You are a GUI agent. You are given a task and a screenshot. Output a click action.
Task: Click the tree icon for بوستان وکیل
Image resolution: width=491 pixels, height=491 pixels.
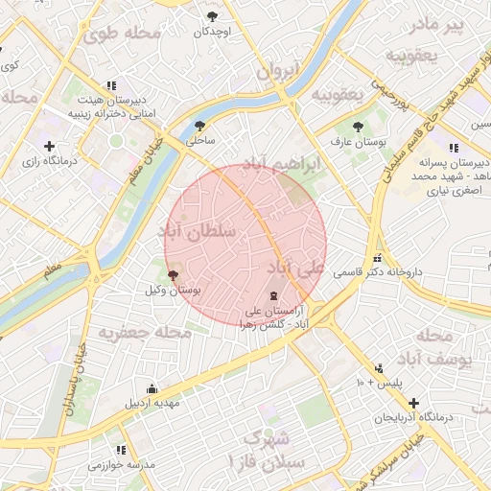(173, 275)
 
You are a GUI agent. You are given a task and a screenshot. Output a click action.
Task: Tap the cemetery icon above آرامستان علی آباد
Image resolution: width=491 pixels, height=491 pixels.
(274, 294)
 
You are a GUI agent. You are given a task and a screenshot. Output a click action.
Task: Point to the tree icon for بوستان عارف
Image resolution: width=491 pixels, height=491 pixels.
(358, 127)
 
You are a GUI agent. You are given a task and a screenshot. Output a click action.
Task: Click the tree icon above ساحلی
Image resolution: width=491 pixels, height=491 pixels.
(199, 126)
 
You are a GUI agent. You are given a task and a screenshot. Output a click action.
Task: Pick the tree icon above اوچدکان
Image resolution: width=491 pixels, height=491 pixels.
(212, 16)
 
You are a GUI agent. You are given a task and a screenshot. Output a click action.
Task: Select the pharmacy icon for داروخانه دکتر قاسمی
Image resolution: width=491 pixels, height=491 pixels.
(379, 258)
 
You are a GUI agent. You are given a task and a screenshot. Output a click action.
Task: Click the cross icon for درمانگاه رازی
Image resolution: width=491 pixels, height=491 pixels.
(48, 147)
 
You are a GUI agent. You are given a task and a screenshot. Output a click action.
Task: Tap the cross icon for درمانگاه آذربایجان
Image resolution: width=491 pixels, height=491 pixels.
(413, 403)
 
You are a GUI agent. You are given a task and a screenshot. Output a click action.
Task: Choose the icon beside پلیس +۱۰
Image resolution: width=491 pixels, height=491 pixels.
(380, 367)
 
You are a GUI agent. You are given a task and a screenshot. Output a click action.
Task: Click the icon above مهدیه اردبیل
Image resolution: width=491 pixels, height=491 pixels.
(152, 387)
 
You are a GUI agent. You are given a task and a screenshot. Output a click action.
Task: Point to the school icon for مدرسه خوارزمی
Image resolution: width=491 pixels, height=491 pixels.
(121, 450)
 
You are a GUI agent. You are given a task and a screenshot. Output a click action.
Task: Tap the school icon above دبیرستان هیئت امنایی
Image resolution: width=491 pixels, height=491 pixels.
(112, 84)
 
